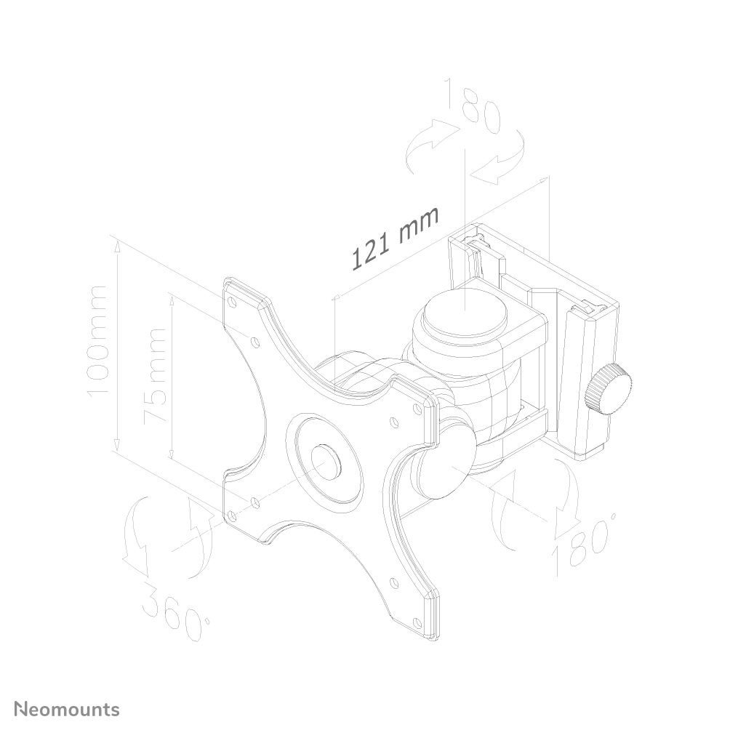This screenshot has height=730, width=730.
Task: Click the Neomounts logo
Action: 68,709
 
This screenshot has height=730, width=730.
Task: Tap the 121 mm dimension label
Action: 396,238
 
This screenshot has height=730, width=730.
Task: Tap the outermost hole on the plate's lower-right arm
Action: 417,622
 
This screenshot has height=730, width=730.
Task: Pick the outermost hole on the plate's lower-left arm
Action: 232,515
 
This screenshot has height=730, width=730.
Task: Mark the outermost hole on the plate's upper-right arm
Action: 418,409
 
